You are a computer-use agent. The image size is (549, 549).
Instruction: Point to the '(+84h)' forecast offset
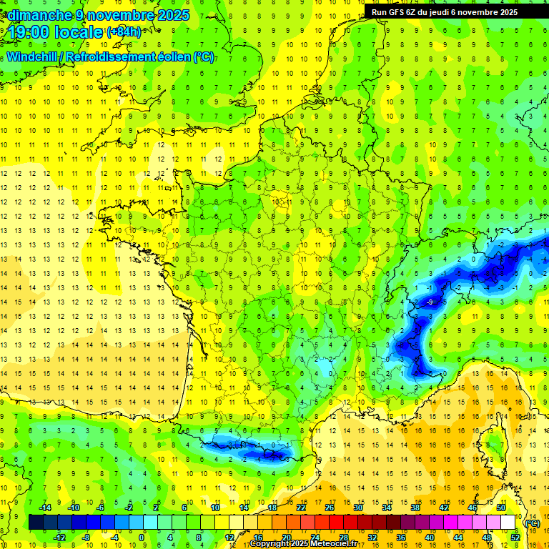124,32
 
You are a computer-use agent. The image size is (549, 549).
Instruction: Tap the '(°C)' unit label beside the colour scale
532,523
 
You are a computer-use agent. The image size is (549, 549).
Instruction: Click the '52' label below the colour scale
515,537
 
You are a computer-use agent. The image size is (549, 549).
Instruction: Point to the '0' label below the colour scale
142,537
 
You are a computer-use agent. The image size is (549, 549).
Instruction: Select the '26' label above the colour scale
330,508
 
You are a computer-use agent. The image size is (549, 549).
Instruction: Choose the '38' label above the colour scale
415,508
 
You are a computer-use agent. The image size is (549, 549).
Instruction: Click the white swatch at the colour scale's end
508,523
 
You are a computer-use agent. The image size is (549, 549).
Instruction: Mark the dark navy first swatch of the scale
36,523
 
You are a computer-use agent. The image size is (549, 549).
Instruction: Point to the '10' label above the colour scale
215,508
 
